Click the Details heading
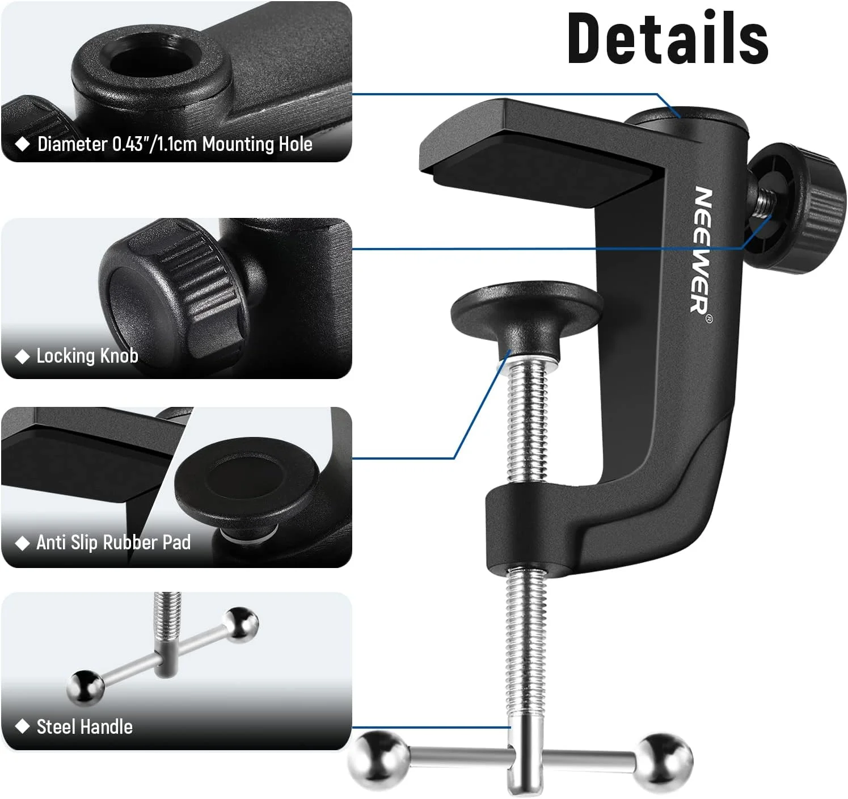pos(668,38)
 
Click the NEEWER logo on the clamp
pos(701,250)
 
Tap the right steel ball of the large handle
pos(664,763)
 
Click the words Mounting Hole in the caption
pos(257,144)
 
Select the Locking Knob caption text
pos(87,355)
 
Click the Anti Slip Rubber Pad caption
pos(113,543)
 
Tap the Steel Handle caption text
pos(85,727)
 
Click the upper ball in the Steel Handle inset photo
pos(242,625)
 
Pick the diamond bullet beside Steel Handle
pos(22,726)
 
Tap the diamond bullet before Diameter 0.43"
pos(22,144)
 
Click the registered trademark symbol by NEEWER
pos(709,318)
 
